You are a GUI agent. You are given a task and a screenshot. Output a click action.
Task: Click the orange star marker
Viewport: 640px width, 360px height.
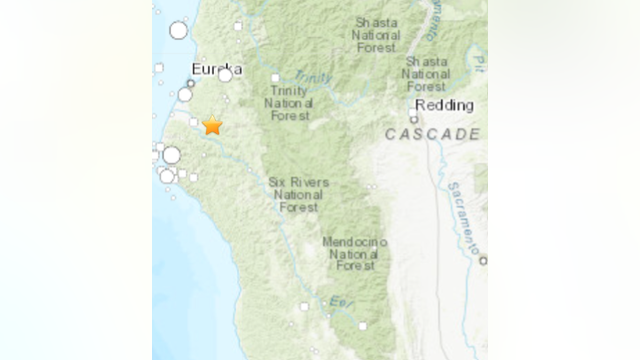[x=212, y=125]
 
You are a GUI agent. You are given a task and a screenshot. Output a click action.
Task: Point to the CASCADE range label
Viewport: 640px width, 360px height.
[x=432, y=134]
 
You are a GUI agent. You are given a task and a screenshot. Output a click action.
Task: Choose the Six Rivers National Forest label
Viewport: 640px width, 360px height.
[x=298, y=194]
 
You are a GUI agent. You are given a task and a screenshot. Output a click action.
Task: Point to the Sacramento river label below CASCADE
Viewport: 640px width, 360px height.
[x=465, y=215]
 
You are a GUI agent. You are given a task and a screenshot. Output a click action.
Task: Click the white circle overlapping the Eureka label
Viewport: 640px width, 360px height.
[x=225, y=74]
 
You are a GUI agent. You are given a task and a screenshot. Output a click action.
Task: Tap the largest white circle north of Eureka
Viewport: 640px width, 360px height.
[x=178, y=30]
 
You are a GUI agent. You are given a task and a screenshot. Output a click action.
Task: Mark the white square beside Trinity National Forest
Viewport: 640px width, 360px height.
[x=274, y=77]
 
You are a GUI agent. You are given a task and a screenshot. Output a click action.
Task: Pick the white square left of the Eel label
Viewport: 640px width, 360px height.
[x=304, y=306]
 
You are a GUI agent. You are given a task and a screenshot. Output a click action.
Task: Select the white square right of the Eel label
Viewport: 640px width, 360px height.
[x=363, y=325]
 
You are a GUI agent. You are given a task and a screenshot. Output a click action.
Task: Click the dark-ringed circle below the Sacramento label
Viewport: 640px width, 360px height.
[x=482, y=261]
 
